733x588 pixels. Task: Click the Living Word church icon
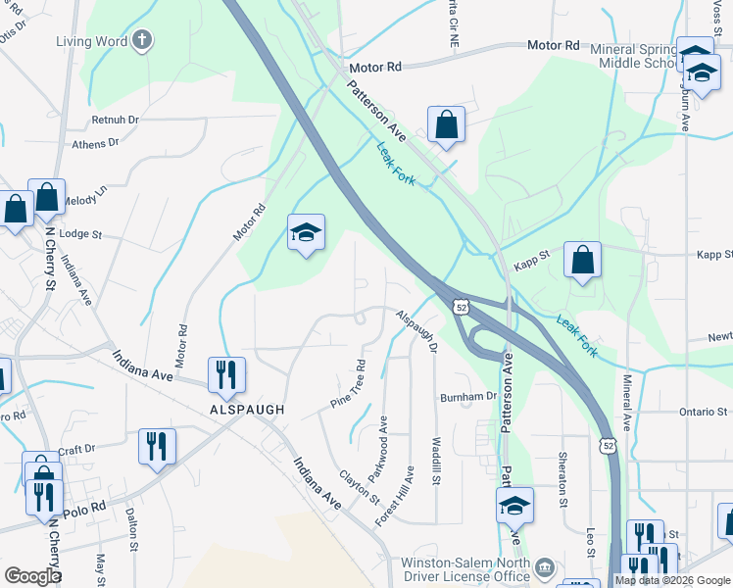143,40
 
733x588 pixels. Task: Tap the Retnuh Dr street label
116,120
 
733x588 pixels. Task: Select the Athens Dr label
95,143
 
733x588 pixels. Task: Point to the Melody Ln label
84,199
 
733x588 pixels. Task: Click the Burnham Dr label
468,397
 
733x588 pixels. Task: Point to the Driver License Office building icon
545,566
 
